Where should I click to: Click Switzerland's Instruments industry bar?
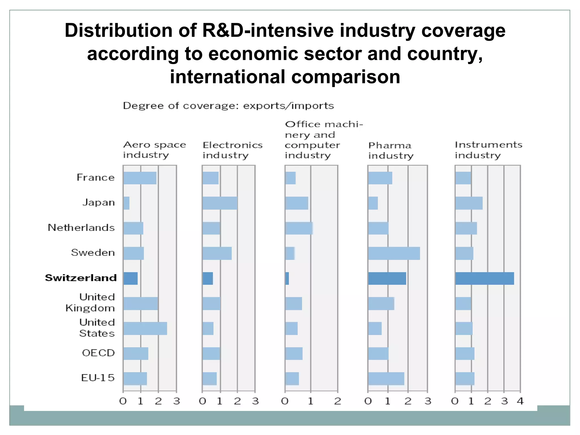click(485, 278)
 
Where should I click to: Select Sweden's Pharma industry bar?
click(394, 253)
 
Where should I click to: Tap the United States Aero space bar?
click(145, 329)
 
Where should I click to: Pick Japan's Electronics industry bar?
click(220, 203)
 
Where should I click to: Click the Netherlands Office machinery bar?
click(299, 228)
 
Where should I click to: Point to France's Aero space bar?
click(140, 178)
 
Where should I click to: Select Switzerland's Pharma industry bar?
click(387, 278)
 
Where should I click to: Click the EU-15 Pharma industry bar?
click(386, 379)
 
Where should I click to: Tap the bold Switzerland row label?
click(81, 278)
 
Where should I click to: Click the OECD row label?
click(98, 353)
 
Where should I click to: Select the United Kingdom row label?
click(90, 302)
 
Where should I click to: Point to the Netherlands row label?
click(81, 228)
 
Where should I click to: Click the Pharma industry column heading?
click(391, 150)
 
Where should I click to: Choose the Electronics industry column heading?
click(233, 150)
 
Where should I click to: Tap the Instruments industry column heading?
click(489, 150)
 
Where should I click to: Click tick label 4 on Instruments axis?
click(520, 401)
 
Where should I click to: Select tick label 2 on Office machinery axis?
click(338, 401)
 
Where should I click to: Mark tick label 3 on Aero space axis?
click(176, 401)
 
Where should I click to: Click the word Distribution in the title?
click(118, 31)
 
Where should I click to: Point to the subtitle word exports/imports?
click(289, 106)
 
